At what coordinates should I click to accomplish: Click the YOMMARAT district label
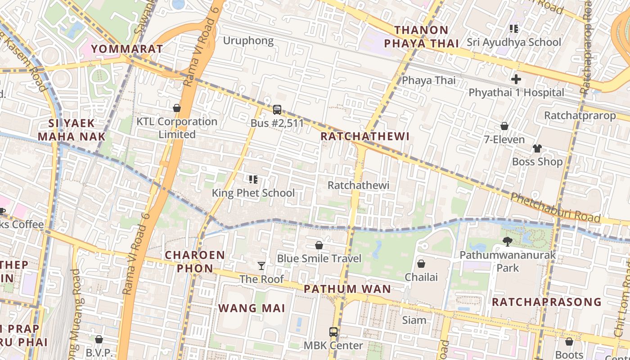pos(127,49)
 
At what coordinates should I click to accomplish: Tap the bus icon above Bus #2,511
pos(277,109)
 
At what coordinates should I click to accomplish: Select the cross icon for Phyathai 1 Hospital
pos(516,79)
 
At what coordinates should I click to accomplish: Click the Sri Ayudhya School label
pos(513,42)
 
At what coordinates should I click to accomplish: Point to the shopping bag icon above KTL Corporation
pos(177,108)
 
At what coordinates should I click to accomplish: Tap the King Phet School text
pos(253,193)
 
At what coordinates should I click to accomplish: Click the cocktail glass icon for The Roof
pos(261,266)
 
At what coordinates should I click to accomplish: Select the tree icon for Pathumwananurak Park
pos(508,242)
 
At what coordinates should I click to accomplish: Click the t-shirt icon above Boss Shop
pos(537,148)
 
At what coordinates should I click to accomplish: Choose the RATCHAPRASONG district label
pos(546,302)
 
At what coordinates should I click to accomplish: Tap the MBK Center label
pos(333,346)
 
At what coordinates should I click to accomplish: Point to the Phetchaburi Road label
pos(555,208)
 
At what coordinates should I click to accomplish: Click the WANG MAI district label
pos(252,308)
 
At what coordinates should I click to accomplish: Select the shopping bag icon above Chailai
pos(421,263)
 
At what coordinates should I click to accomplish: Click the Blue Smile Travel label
pos(319,258)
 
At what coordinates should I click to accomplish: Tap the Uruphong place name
pos(248,41)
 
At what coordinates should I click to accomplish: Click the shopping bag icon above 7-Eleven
pos(504,126)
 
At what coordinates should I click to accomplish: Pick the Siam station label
pos(414,320)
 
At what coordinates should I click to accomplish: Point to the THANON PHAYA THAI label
pos(427,37)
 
